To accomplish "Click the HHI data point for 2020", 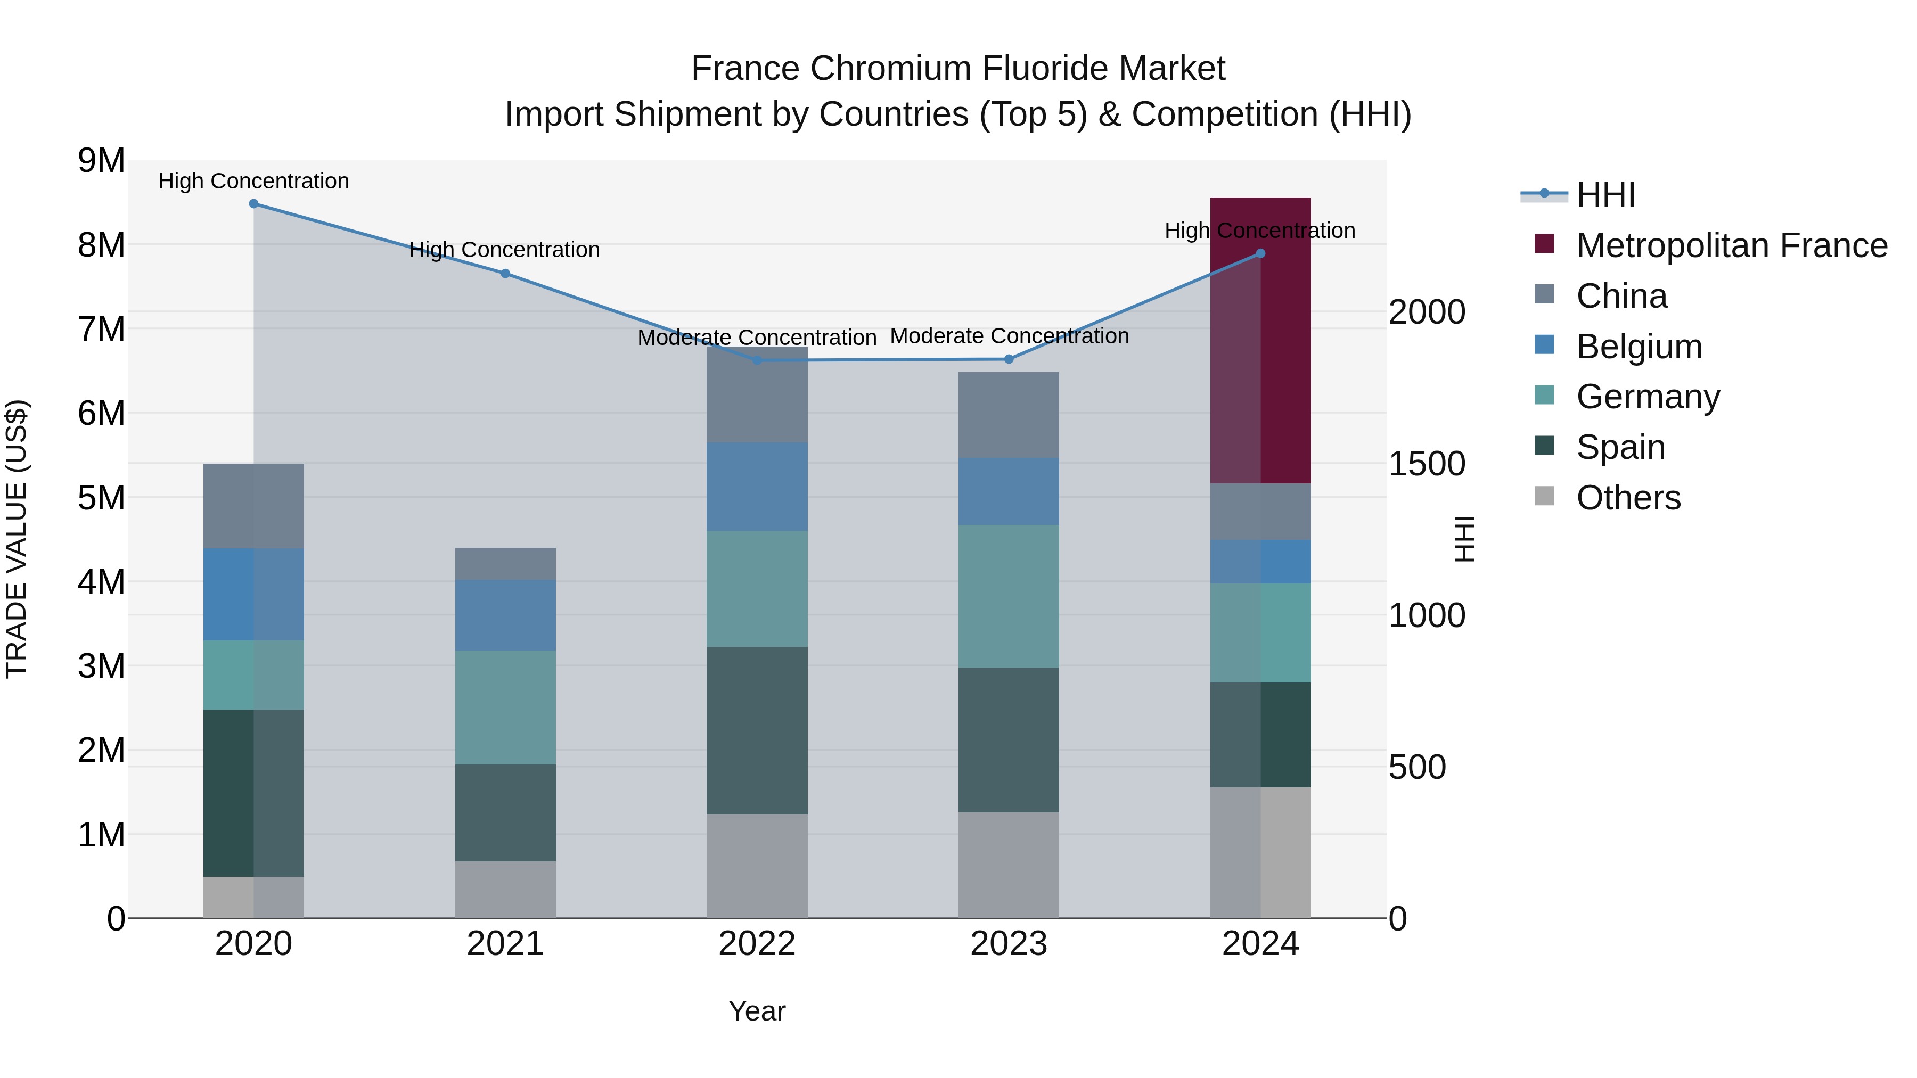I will click(x=254, y=203).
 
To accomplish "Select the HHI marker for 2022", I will click(x=757, y=360).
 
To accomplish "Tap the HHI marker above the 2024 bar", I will click(x=1260, y=254).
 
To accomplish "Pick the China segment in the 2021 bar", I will click(x=505, y=563).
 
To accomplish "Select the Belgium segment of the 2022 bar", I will click(x=757, y=486).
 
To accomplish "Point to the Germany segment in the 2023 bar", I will click(x=1009, y=595).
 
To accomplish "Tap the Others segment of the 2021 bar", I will click(x=505, y=889).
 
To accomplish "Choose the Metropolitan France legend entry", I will click(x=1732, y=245).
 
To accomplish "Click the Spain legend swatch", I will click(x=1544, y=447).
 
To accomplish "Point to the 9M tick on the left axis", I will click(x=102, y=161).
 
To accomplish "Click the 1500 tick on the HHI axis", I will click(x=1427, y=464).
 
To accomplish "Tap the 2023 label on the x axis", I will click(x=1009, y=944).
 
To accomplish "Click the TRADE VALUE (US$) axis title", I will click(x=17, y=539).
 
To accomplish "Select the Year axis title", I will click(x=757, y=1011).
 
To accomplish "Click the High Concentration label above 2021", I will click(x=505, y=250).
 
